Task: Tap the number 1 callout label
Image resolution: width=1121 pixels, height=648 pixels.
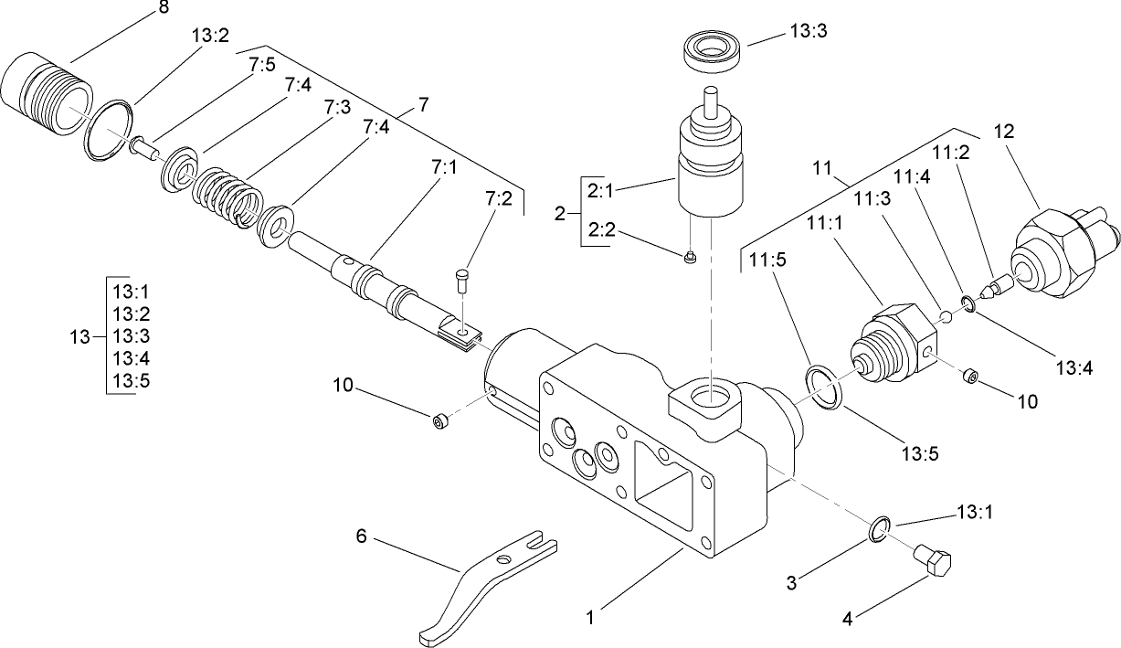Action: [x=590, y=618]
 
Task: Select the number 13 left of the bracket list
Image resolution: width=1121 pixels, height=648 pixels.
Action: [x=80, y=336]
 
